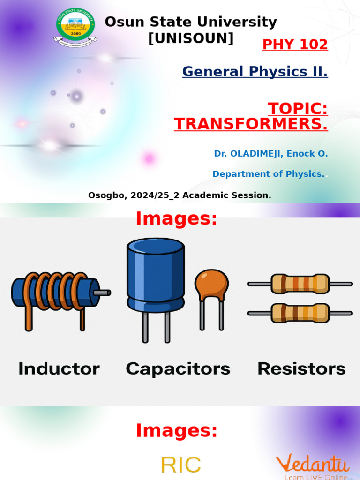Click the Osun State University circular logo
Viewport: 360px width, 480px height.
75,27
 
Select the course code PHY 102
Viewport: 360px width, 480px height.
295,45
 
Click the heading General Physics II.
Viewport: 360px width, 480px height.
255,72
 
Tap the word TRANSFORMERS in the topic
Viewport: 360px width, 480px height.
251,124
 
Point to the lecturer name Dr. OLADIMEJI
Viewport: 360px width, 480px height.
247,154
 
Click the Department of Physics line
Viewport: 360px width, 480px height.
268,174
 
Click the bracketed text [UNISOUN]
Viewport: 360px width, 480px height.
191,38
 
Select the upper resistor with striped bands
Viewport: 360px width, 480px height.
300,284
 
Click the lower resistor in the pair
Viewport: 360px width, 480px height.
300,313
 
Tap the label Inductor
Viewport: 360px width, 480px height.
59,369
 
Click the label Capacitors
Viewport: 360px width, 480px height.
178,369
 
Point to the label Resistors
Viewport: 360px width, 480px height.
301,369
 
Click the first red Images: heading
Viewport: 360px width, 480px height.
177,219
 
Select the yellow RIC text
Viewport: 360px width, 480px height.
181,465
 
